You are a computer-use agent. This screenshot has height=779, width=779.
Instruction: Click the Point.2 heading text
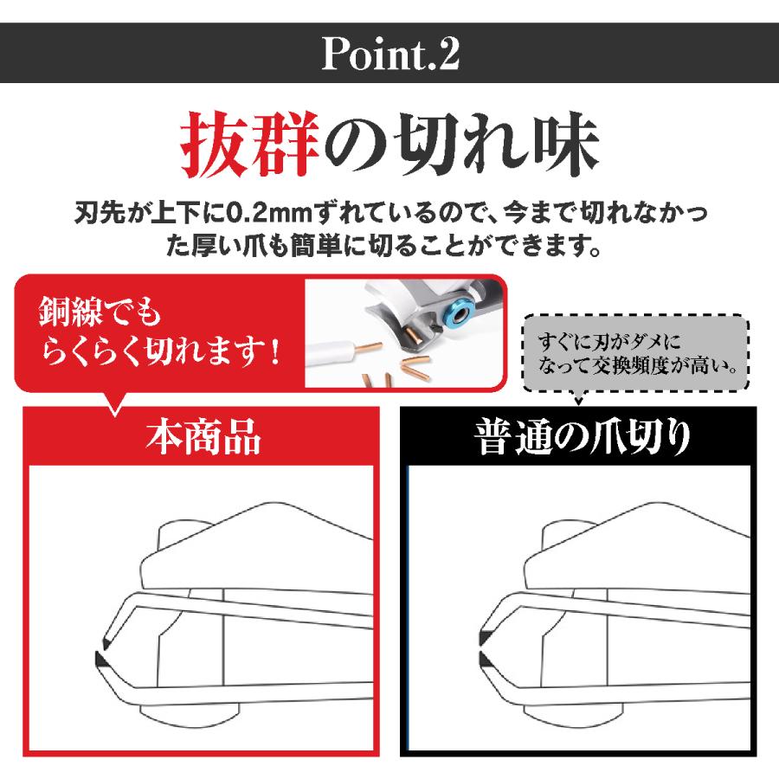click(389, 55)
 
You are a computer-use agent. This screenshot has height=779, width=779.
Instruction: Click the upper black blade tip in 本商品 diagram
click(105, 642)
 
